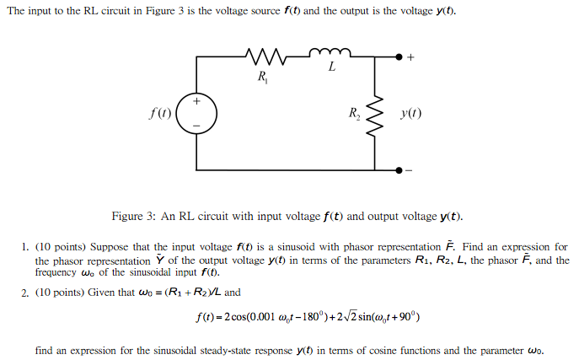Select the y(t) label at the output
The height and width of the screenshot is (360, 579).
(411, 113)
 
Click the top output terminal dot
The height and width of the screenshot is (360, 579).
(399, 56)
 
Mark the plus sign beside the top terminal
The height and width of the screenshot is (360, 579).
(411, 56)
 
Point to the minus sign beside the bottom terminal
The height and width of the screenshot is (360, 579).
(411, 169)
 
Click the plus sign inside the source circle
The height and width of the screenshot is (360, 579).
(197, 101)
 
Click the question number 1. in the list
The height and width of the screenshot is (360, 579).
(27, 248)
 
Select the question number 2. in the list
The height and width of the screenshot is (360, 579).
(27, 293)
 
